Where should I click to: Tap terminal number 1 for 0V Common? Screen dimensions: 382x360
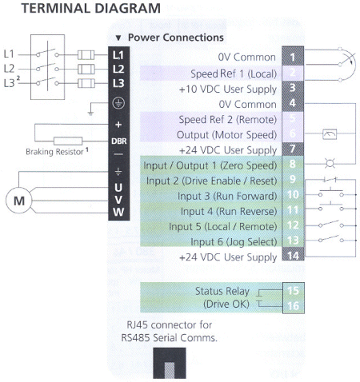point(293,58)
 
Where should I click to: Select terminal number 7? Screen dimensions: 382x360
point(293,149)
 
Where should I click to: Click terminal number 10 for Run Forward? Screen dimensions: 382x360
point(293,194)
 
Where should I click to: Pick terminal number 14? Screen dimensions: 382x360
point(293,255)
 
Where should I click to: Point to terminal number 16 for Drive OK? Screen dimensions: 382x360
point(293,304)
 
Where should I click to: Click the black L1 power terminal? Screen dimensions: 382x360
point(118,54)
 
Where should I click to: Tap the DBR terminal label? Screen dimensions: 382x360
point(118,141)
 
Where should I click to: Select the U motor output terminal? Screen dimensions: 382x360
point(118,187)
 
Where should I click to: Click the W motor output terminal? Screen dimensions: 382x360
point(118,211)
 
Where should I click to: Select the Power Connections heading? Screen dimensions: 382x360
point(174,38)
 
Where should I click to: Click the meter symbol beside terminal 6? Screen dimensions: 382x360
point(330,134)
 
